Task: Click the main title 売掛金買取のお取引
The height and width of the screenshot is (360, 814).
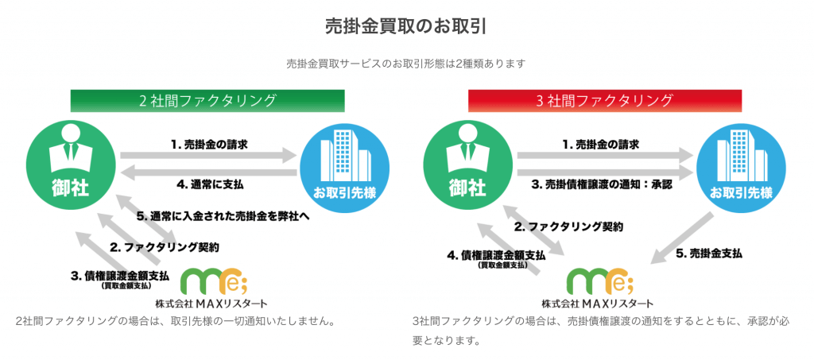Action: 406,27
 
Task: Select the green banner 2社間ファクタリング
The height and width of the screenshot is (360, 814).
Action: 207,101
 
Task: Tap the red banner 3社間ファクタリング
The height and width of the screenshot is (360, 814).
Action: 605,101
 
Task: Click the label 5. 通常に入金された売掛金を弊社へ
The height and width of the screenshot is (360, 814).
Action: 223,217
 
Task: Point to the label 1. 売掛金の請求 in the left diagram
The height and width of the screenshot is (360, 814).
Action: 209,145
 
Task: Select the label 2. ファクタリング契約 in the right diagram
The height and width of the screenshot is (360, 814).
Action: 568,226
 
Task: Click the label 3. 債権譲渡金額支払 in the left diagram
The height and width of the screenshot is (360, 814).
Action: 120,278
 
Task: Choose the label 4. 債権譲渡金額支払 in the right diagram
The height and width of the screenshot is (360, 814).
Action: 496,258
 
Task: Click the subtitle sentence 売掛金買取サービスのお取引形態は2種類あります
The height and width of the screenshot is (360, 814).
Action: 406,64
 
